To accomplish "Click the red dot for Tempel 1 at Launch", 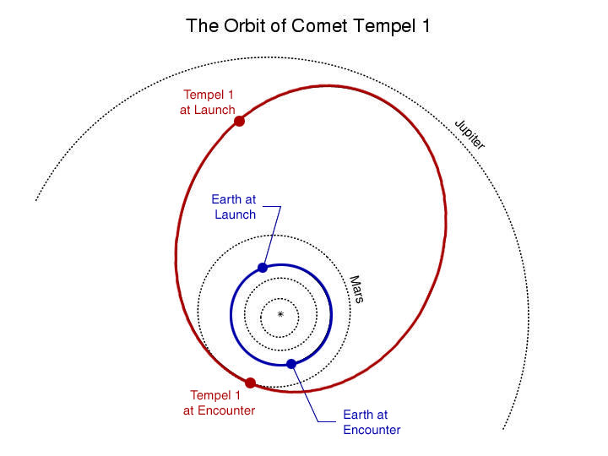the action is (239, 121).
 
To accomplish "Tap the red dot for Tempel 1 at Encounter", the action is (251, 383).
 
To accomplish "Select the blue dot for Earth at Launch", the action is (263, 268).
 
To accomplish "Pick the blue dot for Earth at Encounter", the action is (291, 364).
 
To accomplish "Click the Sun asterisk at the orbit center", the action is (280, 314).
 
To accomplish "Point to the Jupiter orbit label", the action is (470, 134).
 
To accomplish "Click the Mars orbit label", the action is (356, 290).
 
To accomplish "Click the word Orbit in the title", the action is (246, 26).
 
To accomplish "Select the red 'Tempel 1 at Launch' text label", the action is (208, 102).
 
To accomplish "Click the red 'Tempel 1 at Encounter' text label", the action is (219, 403).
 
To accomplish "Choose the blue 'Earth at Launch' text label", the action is (234, 207).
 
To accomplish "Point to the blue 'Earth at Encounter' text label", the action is (372, 422).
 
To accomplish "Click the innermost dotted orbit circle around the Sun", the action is (280, 299).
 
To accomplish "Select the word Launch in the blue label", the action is (236, 214).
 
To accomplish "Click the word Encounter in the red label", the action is (226, 410).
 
